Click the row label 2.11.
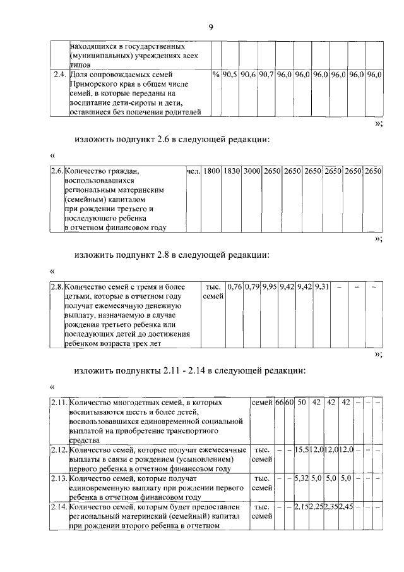59,403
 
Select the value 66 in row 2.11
279,403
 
